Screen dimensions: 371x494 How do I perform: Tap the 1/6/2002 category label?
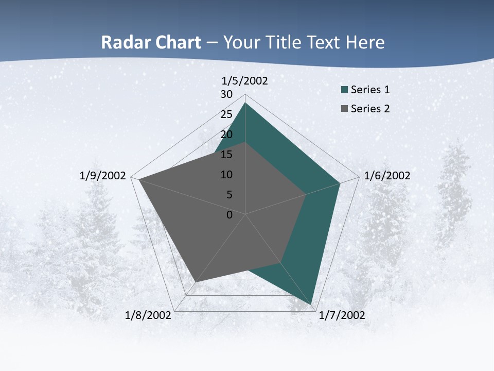(387, 176)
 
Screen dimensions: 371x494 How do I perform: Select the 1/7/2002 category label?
(342, 315)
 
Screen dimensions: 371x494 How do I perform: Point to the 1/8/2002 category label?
(148, 315)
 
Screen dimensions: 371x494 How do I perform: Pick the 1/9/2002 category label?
(103, 176)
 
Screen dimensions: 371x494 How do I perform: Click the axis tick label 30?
(226, 94)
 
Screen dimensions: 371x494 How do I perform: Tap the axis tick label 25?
(226, 114)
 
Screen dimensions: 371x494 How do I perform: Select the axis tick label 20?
(226, 134)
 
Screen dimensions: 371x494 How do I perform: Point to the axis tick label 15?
(226, 155)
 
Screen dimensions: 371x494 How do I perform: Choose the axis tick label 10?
(226, 175)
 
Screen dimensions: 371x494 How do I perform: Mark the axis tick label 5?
(229, 195)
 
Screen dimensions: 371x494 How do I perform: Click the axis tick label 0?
(230, 215)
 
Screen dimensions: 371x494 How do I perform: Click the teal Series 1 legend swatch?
(344, 90)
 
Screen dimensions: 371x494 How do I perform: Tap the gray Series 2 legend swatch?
(344, 109)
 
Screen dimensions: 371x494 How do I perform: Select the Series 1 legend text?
(370, 90)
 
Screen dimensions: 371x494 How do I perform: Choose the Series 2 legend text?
(370, 109)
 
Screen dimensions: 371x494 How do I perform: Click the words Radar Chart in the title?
(151, 43)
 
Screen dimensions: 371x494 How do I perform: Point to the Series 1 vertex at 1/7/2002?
(312, 304)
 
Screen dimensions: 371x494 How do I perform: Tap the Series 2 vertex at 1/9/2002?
(139, 180)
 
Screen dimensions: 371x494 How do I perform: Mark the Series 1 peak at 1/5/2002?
(245, 103)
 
